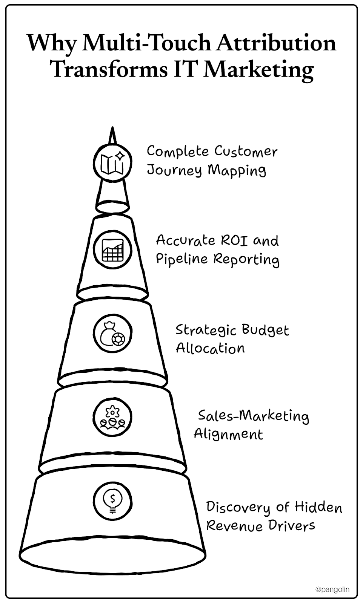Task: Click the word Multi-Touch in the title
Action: coord(146,43)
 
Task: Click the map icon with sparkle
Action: coord(112,163)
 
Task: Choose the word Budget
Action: coord(265,331)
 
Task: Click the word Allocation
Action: coord(210,348)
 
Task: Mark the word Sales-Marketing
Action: coord(253,416)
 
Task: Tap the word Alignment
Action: coord(228,435)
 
